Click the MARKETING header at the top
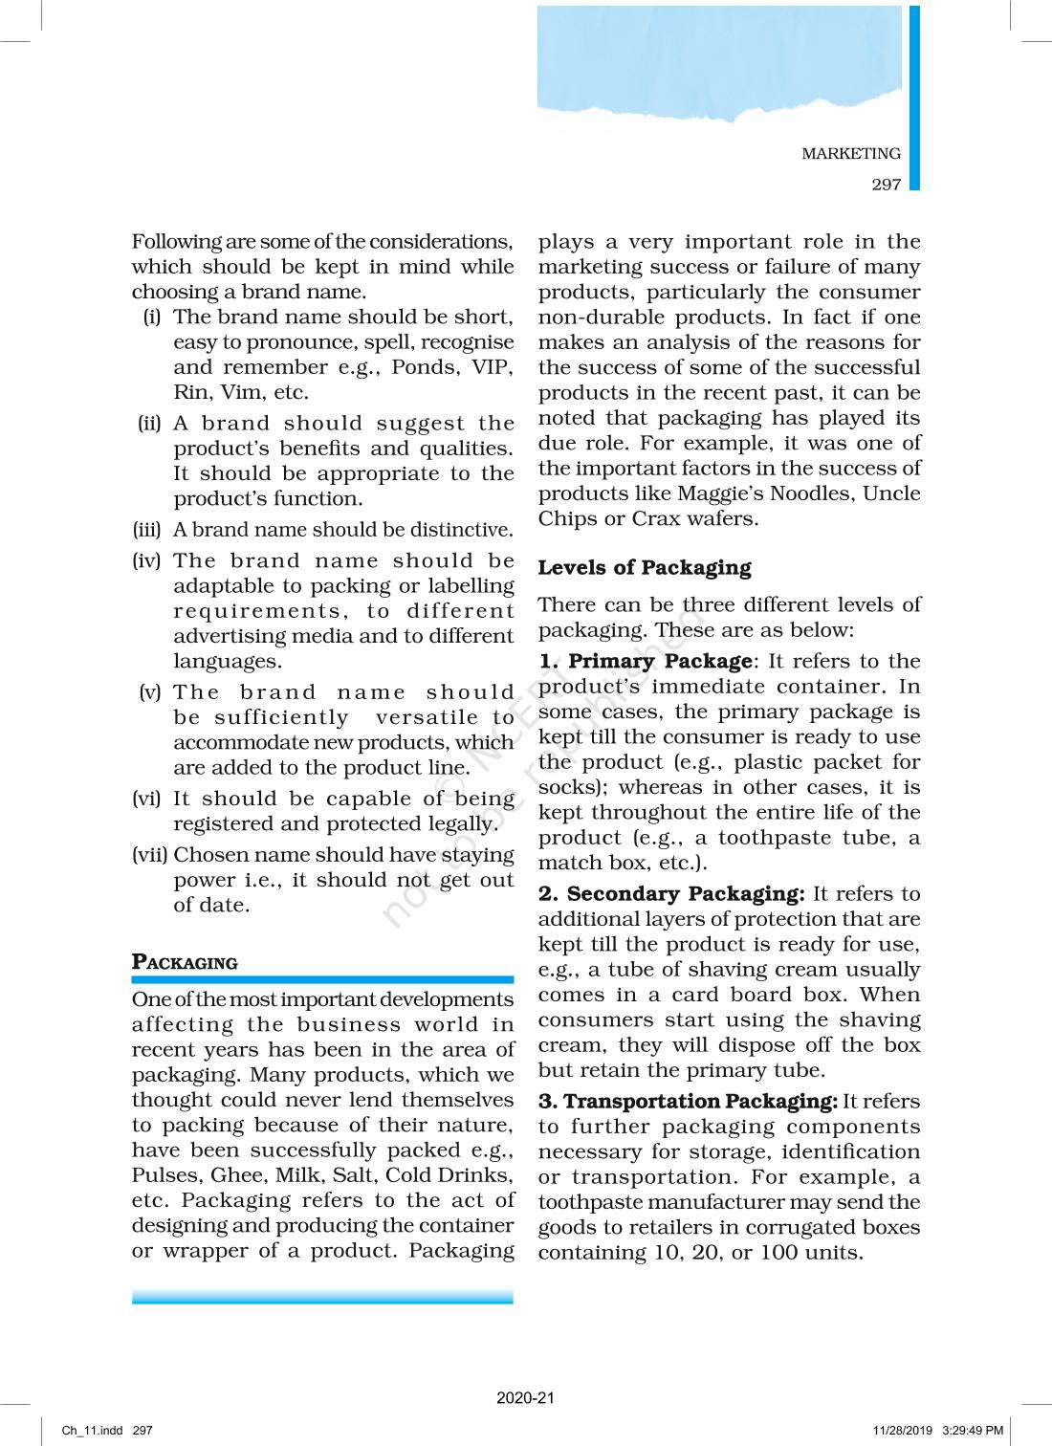(x=850, y=153)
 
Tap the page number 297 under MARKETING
(x=886, y=185)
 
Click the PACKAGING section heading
(x=185, y=962)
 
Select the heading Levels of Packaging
(x=644, y=568)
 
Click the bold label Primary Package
(x=660, y=661)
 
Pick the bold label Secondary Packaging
(x=685, y=893)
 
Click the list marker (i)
(x=151, y=317)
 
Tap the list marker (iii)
(x=146, y=530)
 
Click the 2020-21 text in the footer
(x=525, y=1397)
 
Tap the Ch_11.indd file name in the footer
(x=92, y=1431)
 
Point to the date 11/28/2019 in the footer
(x=902, y=1431)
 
